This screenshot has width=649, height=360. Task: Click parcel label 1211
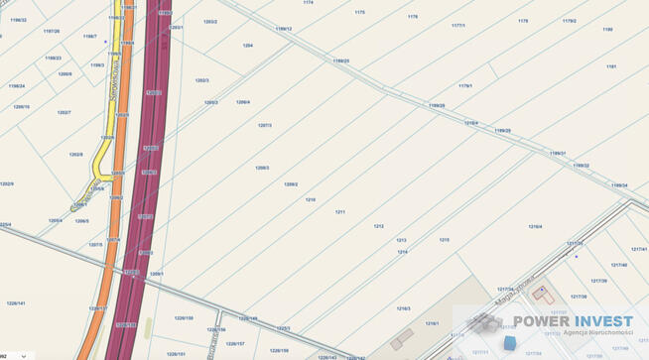tap(339, 211)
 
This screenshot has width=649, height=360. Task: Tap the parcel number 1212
tap(378, 226)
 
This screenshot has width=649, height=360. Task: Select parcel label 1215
tap(444, 240)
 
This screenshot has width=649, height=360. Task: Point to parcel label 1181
tap(611, 66)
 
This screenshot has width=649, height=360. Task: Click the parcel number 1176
tap(413, 17)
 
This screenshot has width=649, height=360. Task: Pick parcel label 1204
tap(248, 46)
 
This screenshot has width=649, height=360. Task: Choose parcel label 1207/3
tap(265, 126)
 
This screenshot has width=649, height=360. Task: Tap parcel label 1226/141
tap(16, 303)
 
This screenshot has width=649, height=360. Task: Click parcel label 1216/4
tap(535, 227)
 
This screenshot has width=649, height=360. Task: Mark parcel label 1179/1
tap(464, 86)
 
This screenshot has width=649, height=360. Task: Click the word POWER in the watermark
tap(547, 320)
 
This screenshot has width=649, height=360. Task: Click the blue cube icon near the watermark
tap(510, 343)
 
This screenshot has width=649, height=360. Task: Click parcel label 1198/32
tap(19, 20)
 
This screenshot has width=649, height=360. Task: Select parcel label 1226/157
tap(235, 344)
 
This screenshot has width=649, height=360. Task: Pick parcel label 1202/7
tap(64, 113)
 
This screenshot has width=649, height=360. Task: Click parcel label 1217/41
tap(638, 250)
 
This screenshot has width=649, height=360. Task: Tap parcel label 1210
tap(311, 200)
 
